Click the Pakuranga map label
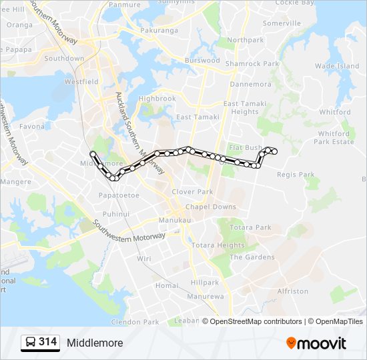click(159, 30)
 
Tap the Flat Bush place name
click(245, 147)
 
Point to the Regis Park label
click(295, 175)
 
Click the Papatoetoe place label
click(119, 195)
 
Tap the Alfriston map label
click(292, 291)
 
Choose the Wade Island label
click(337, 66)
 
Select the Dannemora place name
click(250, 85)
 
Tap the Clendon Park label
click(135, 322)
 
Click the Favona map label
click(32, 126)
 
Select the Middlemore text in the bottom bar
click(95, 343)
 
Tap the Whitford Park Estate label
click(334, 137)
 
